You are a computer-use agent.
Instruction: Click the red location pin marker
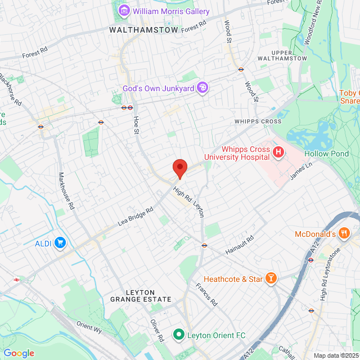(x=179, y=168)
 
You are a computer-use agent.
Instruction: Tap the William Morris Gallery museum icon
(x=124, y=10)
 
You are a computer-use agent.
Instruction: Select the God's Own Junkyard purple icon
(x=202, y=88)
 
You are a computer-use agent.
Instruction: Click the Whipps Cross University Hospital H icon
(x=277, y=152)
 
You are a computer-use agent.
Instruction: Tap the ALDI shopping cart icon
(x=61, y=243)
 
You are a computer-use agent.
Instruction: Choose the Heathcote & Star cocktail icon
(x=271, y=278)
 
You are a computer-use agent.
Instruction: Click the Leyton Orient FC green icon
(x=179, y=335)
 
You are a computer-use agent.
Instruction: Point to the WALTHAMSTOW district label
(x=143, y=30)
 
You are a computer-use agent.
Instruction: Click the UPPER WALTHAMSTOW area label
(x=282, y=55)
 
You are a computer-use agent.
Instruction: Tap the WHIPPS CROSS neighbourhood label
(x=258, y=121)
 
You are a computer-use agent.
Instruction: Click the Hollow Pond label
(x=326, y=154)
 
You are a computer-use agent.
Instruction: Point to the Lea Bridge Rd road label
(x=136, y=216)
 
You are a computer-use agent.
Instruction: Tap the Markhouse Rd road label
(x=66, y=191)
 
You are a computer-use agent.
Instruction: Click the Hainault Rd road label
(x=240, y=242)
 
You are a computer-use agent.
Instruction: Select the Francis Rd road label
(x=206, y=294)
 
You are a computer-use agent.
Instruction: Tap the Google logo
(x=19, y=353)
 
